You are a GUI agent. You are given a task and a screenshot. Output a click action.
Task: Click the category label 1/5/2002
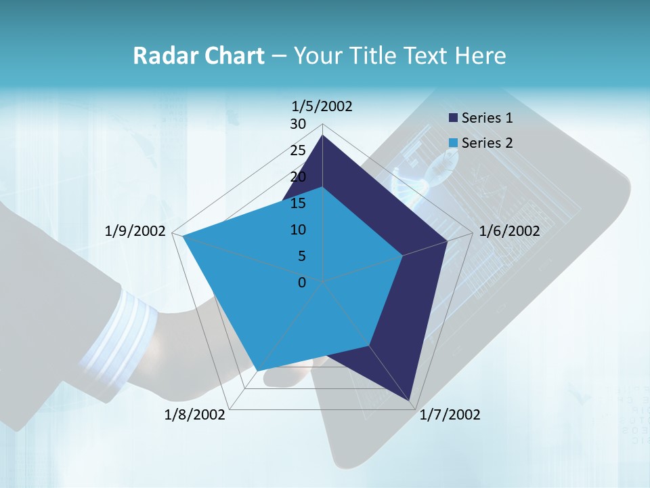click(x=322, y=106)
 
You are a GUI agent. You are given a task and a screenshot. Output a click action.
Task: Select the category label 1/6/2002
click(x=509, y=231)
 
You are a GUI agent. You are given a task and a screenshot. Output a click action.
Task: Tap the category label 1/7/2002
click(x=450, y=414)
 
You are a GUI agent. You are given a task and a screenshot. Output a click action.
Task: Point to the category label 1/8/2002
click(x=195, y=414)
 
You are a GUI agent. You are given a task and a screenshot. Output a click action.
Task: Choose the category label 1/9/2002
click(x=135, y=231)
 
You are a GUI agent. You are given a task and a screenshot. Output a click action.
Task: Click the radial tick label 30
click(x=298, y=124)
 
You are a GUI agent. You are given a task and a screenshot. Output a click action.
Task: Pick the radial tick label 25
click(x=298, y=150)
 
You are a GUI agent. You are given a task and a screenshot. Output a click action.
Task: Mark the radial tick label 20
click(x=298, y=177)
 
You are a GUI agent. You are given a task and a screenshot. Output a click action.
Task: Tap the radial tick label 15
click(x=298, y=203)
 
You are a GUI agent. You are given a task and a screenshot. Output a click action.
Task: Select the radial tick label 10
click(x=298, y=230)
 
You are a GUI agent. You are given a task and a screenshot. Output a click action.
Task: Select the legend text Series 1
click(x=487, y=118)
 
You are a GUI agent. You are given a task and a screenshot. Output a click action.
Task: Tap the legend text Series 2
click(x=487, y=143)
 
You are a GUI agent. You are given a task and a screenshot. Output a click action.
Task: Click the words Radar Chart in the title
click(x=198, y=56)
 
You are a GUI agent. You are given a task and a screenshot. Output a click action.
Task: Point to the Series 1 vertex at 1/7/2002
click(x=412, y=403)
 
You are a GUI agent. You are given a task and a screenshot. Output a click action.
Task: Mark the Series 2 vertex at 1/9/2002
click(x=183, y=237)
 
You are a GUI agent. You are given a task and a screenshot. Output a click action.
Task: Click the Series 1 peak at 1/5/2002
click(x=322, y=136)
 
